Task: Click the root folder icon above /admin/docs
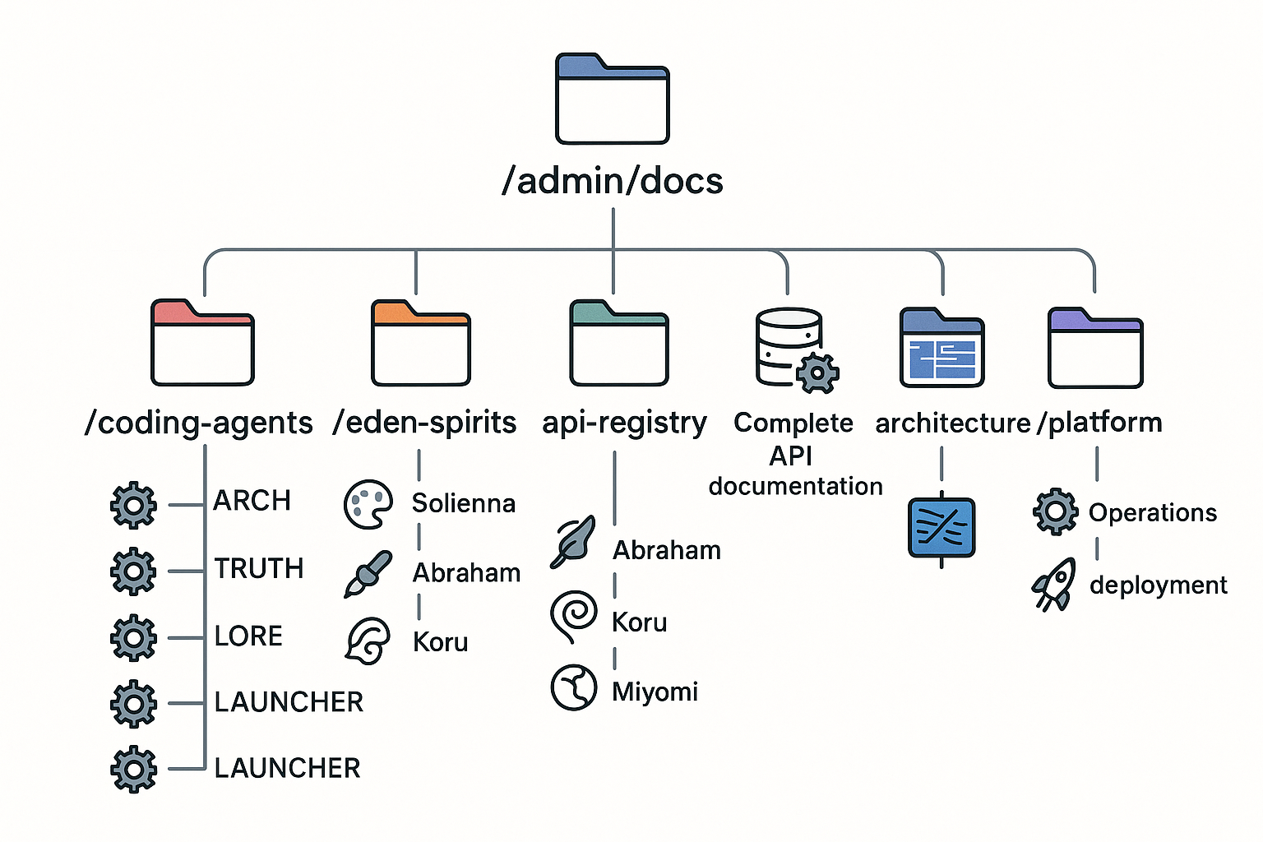tap(613, 99)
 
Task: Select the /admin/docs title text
tap(613, 181)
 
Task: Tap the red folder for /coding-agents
tap(202, 344)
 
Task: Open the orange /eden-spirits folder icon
tap(421, 344)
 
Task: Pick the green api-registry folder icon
tap(618, 344)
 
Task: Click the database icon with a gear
tap(794, 349)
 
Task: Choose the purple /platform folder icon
tap(1095, 349)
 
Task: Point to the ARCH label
tap(252, 501)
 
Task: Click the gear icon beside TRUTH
tap(133, 571)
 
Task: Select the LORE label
tap(248, 636)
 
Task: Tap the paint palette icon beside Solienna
tap(368, 504)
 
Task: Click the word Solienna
tap(464, 503)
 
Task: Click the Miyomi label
tap(655, 692)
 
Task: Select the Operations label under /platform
tap(1153, 513)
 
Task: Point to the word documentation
tap(795, 486)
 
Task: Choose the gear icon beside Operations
tap(1056, 511)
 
